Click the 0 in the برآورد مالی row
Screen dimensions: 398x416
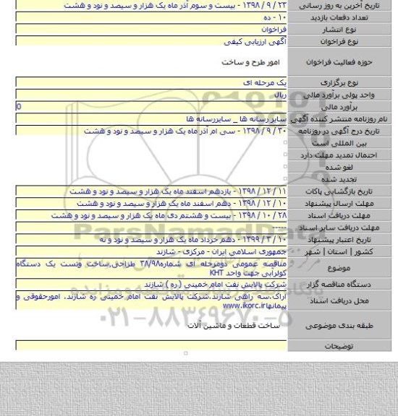pos(8,105)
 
